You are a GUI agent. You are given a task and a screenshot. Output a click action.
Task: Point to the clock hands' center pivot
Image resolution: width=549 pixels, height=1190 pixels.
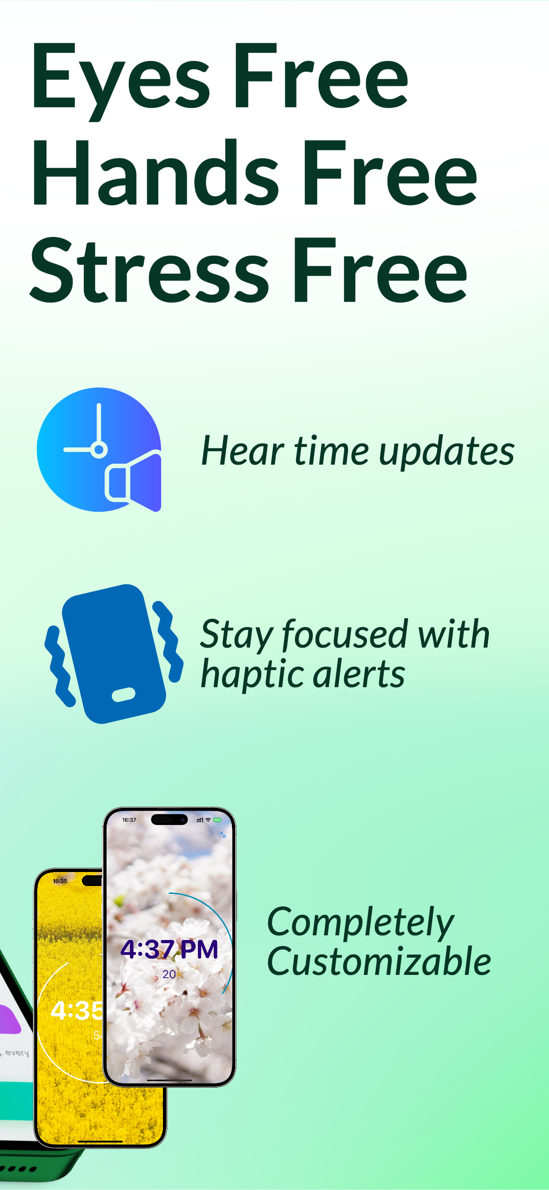[99, 449]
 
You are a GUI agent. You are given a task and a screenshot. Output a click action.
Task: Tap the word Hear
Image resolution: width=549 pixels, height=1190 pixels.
[243, 451]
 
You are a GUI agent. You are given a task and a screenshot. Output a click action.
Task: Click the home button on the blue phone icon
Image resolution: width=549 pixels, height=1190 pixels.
[124, 694]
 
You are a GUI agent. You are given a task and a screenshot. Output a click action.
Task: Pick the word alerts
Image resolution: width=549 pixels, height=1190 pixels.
[359, 674]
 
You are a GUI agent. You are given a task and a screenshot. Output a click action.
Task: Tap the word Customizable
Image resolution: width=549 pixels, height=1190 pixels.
[379, 961]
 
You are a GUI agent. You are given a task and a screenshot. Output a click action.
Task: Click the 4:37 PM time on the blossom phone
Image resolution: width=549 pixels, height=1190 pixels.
[169, 949]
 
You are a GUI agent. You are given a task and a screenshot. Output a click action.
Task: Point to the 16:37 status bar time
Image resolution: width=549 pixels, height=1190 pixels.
[129, 820]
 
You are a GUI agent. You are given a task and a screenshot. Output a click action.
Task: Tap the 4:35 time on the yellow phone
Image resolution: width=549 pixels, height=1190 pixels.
[76, 1011]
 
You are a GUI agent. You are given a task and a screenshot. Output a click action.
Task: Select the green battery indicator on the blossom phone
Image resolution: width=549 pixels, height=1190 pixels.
[217, 820]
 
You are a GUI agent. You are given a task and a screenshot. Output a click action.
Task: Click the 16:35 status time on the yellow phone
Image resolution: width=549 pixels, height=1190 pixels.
[60, 881]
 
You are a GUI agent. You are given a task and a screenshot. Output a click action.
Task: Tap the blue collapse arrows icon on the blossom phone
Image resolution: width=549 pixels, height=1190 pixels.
[223, 835]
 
